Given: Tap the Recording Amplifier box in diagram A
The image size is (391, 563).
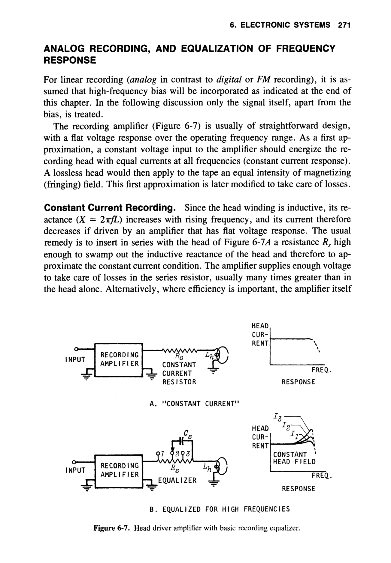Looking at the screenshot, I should (119, 359).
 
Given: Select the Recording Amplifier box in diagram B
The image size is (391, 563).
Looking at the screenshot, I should (119, 470).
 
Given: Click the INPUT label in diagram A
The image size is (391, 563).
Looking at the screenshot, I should (75, 359).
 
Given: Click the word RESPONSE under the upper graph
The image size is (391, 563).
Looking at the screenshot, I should (298, 382).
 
